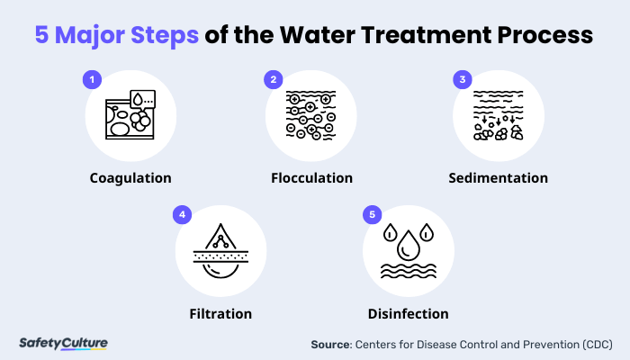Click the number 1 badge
pos(91,80)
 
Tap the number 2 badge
pos(273,80)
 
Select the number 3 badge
pos(462,80)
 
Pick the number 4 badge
pos(183,215)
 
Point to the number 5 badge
pos(371,215)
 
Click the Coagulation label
pos(130,177)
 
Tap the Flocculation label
pos(311,177)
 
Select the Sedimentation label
pos(499,177)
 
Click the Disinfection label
pos(408,314)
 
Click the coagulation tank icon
pos(130,114)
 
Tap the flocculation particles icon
pos(311,114)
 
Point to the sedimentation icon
pos(499,114)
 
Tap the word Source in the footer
pos(330,344)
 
